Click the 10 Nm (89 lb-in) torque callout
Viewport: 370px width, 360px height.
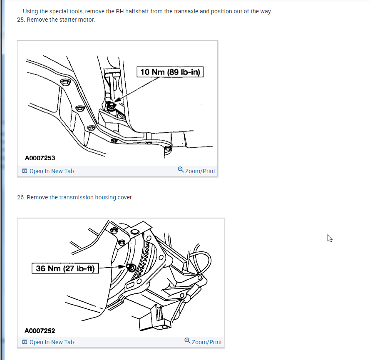[170, 72]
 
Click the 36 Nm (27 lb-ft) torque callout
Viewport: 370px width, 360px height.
[65, 268]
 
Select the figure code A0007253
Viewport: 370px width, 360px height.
[40, 158]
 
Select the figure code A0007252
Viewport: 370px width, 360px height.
[40, 330]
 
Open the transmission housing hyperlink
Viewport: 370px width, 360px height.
[87, 197]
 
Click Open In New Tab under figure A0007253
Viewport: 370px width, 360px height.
[52, 171]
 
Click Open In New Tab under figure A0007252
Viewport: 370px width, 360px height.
[52, 342]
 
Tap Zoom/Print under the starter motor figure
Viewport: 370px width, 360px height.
[200, 171]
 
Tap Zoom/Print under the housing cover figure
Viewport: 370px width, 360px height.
[207, 342]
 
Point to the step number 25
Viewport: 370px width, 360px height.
[21, 20]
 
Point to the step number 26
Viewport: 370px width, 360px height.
[21, 197]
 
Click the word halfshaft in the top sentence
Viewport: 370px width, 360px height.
[137, 11]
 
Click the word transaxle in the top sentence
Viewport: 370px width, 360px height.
[186, 11]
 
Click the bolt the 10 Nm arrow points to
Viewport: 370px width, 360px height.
[111, 106]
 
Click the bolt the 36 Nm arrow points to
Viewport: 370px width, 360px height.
[131, 268]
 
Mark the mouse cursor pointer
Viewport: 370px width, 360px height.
[330, 238]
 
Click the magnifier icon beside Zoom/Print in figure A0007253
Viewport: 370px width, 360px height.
[181, 170]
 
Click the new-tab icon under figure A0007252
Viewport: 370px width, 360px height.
[25, 342]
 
